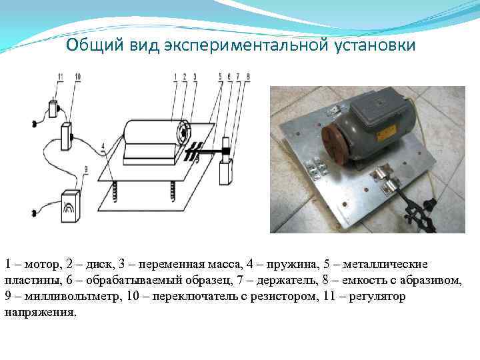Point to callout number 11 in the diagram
(59, 78)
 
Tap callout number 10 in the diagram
(77, 78)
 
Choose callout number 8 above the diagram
(248, 78)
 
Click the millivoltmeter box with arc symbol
(70, 207)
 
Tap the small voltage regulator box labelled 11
(53, 108)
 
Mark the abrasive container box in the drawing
(225, 172)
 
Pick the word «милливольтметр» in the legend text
(59, 297)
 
